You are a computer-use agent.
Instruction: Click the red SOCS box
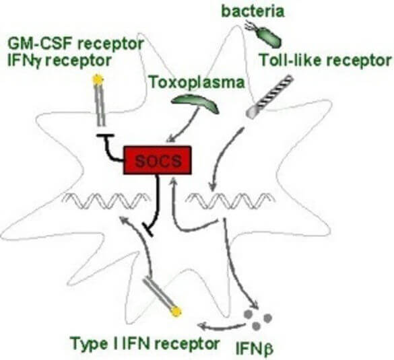tap(158, 160)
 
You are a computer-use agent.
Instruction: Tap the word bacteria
tap(253, 11)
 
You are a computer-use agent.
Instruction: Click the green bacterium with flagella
tap(263, 34)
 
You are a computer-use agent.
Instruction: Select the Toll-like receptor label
tap(325, 61)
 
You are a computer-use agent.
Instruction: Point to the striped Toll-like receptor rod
tap(269, 97)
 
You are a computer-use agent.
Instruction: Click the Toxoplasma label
tap(197, 83)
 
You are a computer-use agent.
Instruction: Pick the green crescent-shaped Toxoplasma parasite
tap(195, 104)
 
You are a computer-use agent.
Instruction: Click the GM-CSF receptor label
tap(76, 44)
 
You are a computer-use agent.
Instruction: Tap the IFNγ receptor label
tap(59, 61)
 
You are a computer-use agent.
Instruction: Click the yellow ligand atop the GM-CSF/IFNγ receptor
tap(98, 80)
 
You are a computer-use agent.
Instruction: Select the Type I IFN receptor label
tap(145, 343)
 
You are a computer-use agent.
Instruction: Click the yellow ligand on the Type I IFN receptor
tap(176, 312)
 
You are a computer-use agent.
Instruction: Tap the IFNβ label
tap(254, 349)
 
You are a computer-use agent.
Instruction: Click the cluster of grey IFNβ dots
tap(259, 319)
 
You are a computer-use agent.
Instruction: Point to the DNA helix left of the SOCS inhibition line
tap(106, 201)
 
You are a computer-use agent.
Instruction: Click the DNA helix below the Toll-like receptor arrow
tap(230, 201)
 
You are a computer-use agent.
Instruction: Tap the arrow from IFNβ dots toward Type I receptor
tap(221, 327)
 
